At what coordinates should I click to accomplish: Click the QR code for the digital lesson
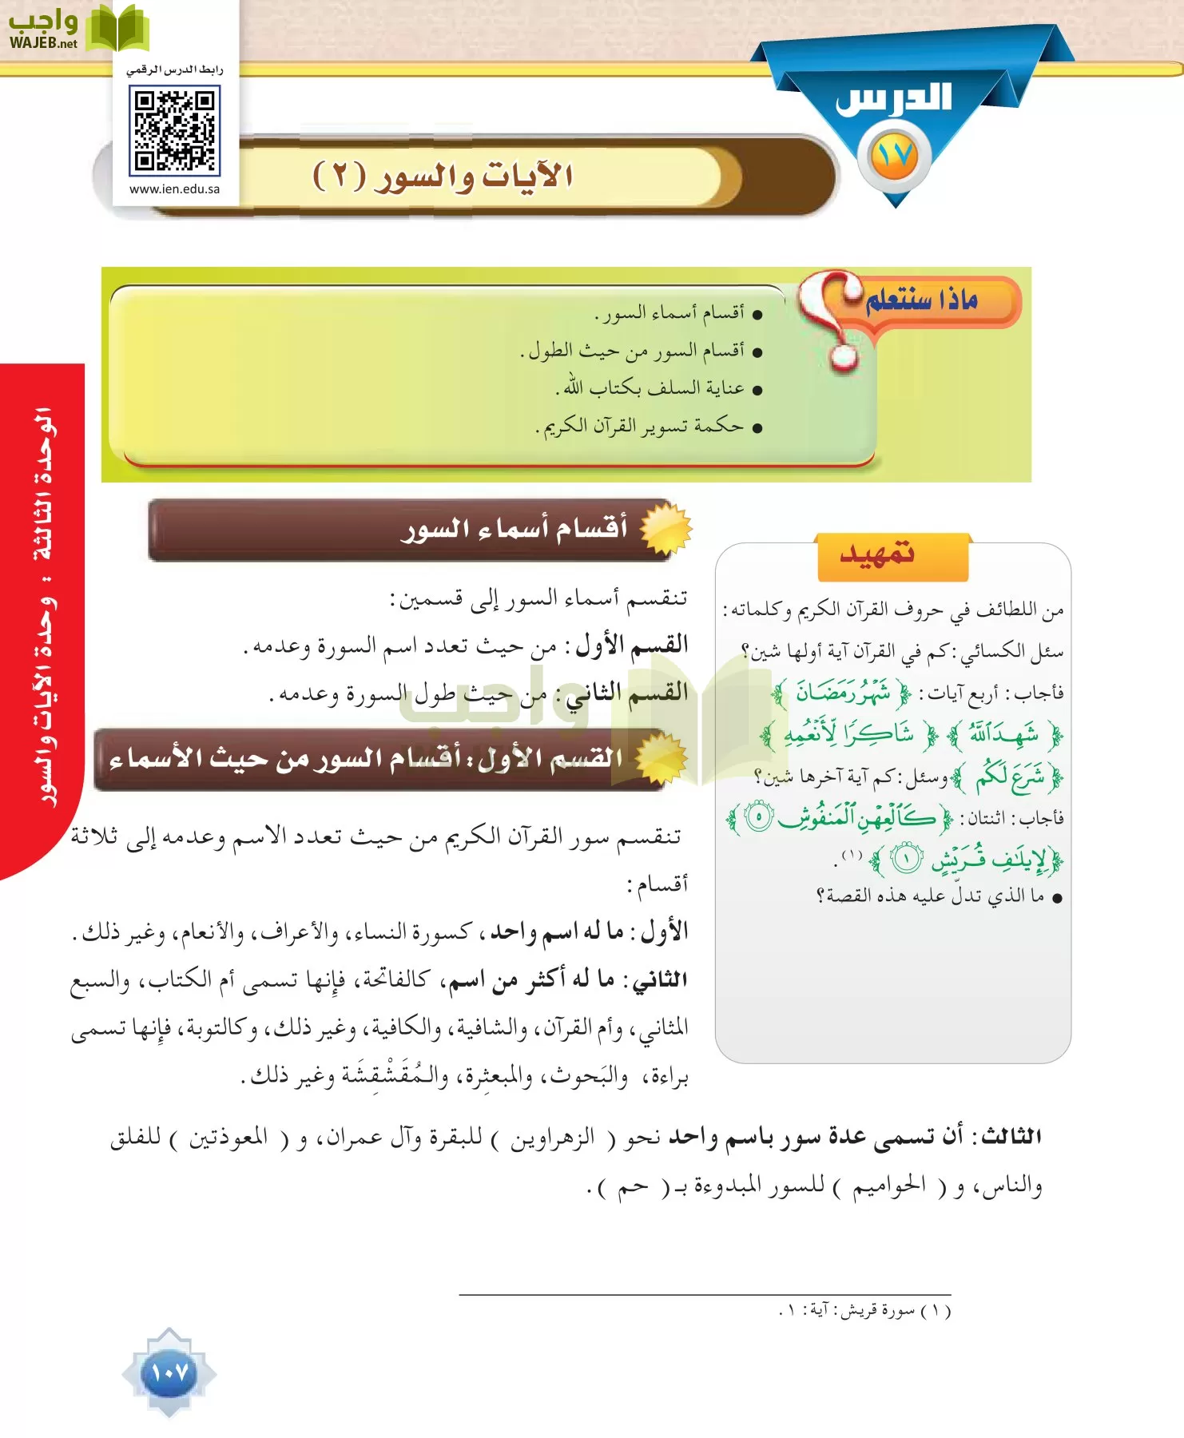pos(174,130)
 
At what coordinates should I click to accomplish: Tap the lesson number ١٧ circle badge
pos(894,156)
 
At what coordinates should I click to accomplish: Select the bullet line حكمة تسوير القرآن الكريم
pos(643,427)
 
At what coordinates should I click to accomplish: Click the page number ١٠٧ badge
pos(169,1372)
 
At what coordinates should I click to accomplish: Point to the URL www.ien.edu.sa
pos(174,189)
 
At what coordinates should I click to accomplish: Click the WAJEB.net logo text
pos(44,43)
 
